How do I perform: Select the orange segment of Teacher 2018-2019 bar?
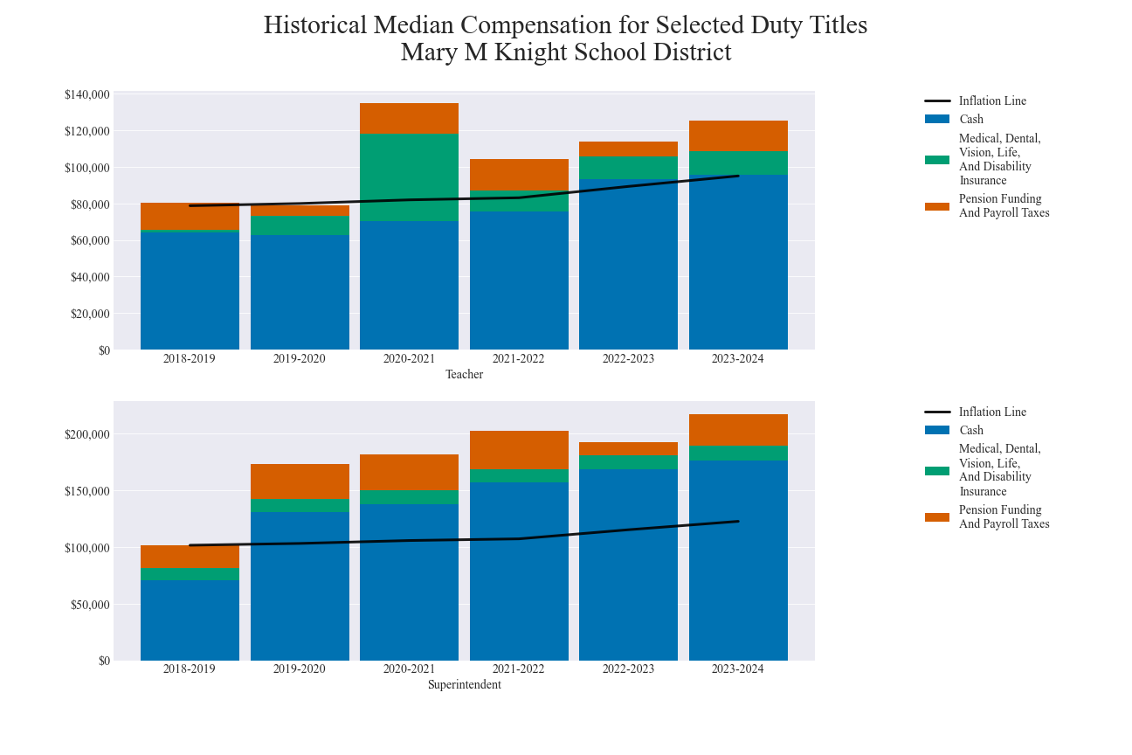(190, 217)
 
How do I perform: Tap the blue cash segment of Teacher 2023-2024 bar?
(738, 262)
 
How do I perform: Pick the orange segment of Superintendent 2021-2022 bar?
(519, 450)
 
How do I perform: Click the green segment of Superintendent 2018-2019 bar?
(190, 574)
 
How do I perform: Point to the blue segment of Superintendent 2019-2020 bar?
(300, 585)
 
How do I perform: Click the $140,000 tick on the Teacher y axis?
(86, 94)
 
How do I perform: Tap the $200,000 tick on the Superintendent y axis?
(86, 434)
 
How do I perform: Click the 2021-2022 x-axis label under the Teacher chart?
(519, 359)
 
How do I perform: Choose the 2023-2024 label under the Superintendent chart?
(738, 669)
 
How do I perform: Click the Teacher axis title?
(464, 375)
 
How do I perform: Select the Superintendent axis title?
(464, 685)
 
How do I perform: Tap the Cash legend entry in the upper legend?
(970, 119)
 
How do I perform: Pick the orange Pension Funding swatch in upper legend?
(937, 206)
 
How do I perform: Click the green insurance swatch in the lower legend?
(937, 471)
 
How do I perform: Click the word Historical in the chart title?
(315, 25)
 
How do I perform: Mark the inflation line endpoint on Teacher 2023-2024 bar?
(738, 176)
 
